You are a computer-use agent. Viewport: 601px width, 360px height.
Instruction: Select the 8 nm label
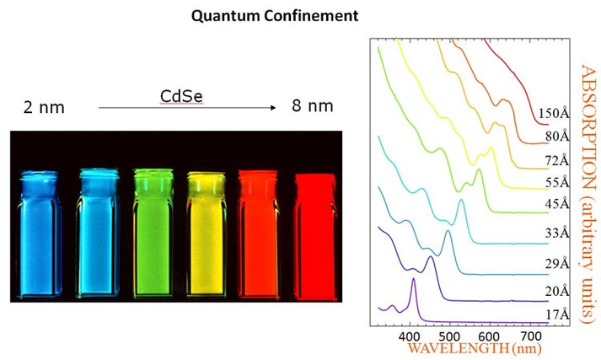point(311,106)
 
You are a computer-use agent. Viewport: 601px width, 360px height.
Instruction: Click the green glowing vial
point(154,233)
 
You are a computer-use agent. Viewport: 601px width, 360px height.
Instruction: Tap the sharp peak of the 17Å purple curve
point(413,280)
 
